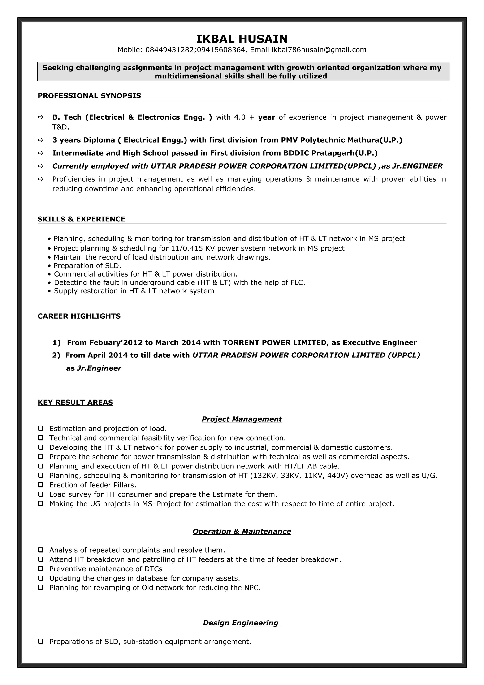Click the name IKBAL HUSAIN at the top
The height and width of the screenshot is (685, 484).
click(x=242, y=39)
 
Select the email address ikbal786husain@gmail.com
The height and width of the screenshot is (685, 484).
click(x=319, y=50)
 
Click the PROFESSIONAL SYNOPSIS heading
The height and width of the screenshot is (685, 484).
click(x=89, y=96)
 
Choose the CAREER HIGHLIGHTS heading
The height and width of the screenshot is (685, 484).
click(x=79, y=316)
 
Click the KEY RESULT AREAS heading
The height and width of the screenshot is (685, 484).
click(x=75, y=403)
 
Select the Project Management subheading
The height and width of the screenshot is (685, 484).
click(x=242, y=419)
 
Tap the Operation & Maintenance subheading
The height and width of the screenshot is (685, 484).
click(x=242, y=531)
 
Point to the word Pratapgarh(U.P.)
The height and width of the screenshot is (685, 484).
click(x=344, y=153)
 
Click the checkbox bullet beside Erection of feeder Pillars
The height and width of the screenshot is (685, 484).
click(x=41, y=485)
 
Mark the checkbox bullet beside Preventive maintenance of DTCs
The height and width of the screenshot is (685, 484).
click(x=41, y=569)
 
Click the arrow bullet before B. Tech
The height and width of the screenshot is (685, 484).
click(x=41, y=117)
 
